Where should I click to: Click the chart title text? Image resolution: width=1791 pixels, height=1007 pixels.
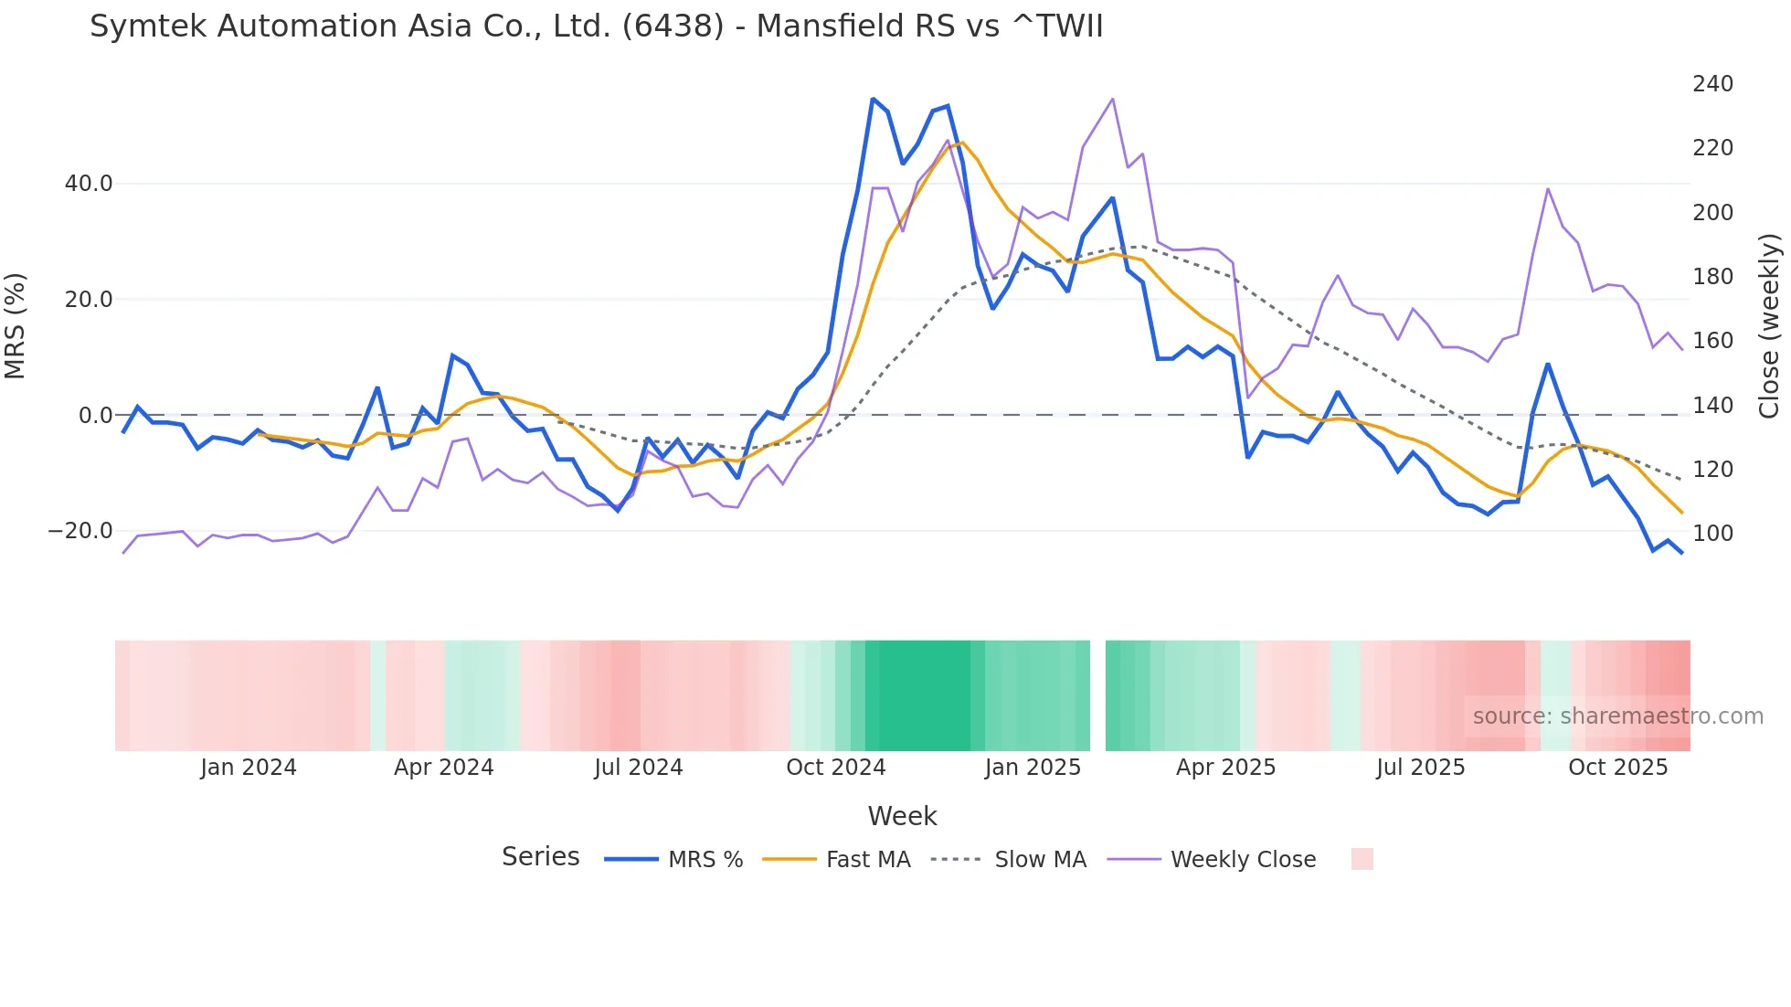pos(596,26)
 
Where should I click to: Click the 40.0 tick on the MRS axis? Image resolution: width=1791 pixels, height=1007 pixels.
pos(89,184)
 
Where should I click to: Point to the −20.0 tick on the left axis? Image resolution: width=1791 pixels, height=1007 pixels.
pos(81,531)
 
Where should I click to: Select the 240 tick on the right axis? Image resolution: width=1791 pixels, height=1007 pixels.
pos(1712,84)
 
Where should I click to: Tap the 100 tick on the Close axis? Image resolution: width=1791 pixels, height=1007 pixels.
pos(1712,534)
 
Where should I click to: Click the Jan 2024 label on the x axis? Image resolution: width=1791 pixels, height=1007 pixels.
pos(249,768)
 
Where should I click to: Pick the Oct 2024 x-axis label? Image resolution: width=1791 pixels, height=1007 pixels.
pos(835,768)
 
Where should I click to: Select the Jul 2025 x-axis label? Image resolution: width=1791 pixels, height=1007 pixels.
pos(1420,768)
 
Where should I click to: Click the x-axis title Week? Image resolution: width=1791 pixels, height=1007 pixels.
pos(902,816)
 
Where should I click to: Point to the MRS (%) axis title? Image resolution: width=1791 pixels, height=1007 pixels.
pos(16,325)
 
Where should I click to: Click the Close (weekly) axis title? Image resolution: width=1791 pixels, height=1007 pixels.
pos(1770,325)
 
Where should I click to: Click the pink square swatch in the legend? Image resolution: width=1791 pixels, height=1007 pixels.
pos(1362,859)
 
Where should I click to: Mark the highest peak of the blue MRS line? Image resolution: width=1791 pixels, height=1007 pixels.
pos(873,99)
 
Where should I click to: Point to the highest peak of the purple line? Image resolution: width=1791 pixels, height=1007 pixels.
pos(1112,99)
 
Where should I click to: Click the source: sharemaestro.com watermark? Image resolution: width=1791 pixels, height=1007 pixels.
pos(1617,716)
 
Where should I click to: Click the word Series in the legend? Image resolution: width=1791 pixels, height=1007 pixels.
pos(540,857)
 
